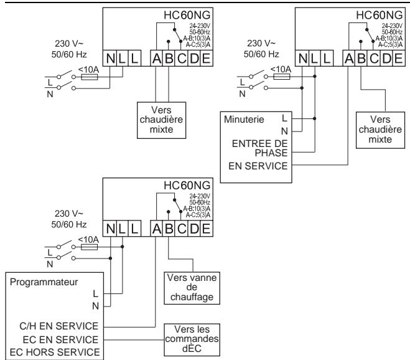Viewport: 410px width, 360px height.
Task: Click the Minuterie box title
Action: pos(244,120)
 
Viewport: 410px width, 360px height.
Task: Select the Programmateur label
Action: pos(44,282)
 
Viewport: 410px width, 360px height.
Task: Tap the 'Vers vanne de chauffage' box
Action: pos(192,288)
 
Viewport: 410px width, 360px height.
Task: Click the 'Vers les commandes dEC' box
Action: pos(192,340)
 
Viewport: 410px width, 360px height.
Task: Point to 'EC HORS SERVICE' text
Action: pos(55,353)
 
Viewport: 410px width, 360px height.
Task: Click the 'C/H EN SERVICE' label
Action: pos(59,326)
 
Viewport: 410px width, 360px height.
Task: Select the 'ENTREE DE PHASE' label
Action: pos(259,148)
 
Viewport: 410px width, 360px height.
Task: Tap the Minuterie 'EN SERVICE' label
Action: pos(258,166)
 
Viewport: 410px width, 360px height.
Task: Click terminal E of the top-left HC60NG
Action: pos(207,58)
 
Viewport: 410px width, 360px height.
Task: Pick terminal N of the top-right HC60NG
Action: pos(303,58)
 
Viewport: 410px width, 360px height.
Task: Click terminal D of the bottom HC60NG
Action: pos(194,229)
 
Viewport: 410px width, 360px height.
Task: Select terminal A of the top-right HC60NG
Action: pos(349,58)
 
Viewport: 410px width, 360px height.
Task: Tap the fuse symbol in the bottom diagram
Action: pos(89,247)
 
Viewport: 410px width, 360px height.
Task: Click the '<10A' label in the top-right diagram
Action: pos(281,69)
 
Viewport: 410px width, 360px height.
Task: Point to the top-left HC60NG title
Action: pos(187,15)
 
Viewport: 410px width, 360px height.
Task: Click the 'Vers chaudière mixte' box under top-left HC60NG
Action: pos(162,120)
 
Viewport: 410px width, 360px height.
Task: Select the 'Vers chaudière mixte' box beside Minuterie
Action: pos(381,130)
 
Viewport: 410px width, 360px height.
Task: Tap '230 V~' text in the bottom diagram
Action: pos(69,214)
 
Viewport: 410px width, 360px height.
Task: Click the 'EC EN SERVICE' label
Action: pos(60,340)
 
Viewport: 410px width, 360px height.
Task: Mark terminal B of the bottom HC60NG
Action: pos(169,229)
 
